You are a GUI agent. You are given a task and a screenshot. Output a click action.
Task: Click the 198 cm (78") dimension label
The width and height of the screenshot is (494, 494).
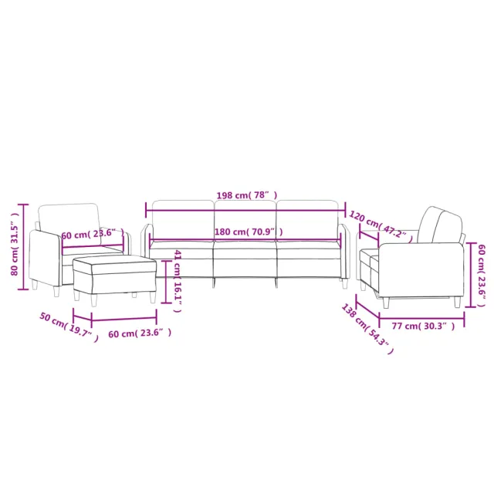[245, 196]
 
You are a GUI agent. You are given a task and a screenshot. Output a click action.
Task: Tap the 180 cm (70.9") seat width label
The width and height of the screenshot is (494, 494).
[248, 232]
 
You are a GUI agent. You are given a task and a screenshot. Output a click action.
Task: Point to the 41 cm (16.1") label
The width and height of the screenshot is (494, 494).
[177, 280]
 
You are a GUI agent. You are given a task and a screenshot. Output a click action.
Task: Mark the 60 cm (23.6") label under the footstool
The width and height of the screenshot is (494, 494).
[140, 333]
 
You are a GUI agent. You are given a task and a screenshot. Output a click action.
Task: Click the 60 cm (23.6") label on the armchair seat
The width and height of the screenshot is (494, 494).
[92, 233]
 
